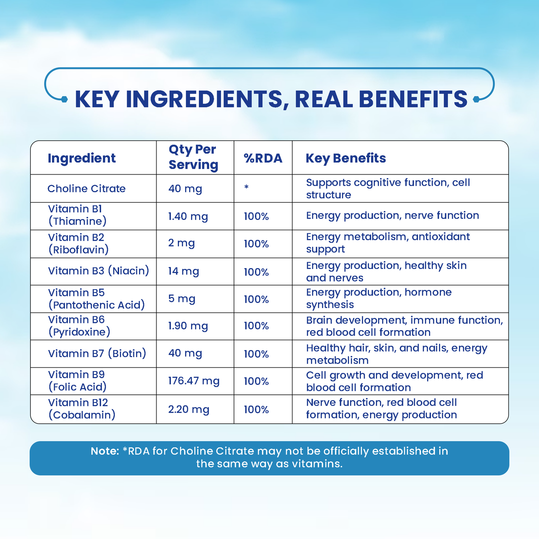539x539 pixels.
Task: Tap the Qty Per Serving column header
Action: coord(193,157)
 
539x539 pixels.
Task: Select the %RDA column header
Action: coord(263,158)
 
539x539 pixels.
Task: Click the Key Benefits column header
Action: coord(346,158)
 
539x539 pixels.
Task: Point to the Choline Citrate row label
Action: coord(86,189)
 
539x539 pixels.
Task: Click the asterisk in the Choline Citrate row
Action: coord(246,187)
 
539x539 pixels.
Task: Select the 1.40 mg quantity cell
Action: coord(188,217)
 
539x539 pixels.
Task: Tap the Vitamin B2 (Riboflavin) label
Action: coord(78,243)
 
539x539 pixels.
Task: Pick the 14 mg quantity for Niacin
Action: coord(184,271)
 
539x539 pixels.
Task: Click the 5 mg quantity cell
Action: coord(182,299)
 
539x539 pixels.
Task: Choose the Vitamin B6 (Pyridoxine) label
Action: coord(79,326)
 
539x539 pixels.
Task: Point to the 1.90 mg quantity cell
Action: coord(188,326)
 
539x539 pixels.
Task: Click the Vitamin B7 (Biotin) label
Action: coord(97,353)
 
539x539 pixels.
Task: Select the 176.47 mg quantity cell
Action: coord(194,381)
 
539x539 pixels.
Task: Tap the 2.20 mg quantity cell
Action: coord(189,409)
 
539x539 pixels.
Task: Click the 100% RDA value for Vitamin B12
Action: coord(256,410)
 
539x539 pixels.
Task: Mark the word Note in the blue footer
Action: coord(105,451)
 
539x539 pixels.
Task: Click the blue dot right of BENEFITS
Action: coord(476,99)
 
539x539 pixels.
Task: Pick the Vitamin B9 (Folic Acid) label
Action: coord(77,381)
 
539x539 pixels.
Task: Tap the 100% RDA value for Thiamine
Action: coord(256,217)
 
